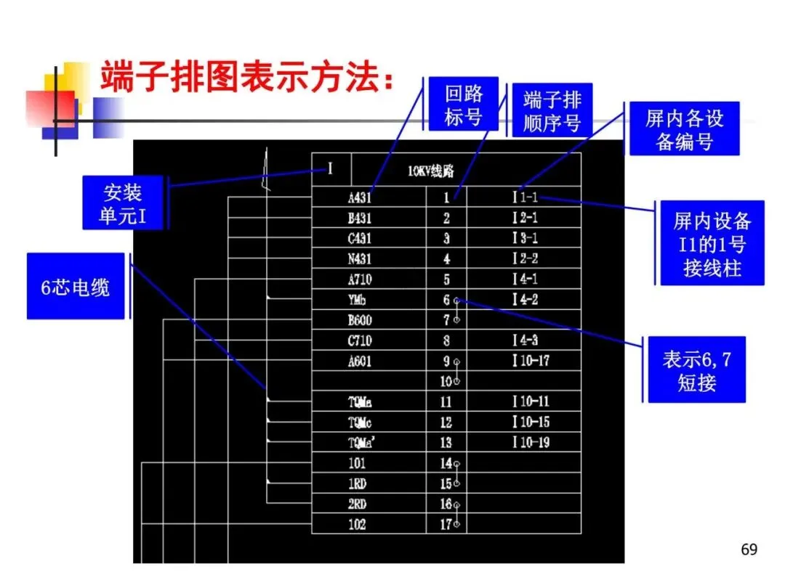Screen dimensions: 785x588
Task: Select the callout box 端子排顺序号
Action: (552, 111)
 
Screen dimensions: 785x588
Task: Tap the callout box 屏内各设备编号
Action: (684, 128)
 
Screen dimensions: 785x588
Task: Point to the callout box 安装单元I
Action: (122, 203)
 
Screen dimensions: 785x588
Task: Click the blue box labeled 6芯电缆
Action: (76, 287)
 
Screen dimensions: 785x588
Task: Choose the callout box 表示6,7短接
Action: (696, 370)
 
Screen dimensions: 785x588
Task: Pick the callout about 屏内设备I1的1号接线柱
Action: (712, 244)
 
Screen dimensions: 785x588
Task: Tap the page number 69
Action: (749, 550)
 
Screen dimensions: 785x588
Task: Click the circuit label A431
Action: (360, 197)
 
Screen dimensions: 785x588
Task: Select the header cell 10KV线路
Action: (430, 172)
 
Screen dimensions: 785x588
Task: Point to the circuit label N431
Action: (360, 259)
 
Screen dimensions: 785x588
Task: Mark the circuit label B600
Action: (360, 320)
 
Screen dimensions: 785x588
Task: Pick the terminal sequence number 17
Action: (446, 525)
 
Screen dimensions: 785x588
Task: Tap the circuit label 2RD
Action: (357, 505)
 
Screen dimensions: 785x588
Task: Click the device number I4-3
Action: (525, 340)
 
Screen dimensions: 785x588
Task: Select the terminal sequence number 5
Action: (446, 279)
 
